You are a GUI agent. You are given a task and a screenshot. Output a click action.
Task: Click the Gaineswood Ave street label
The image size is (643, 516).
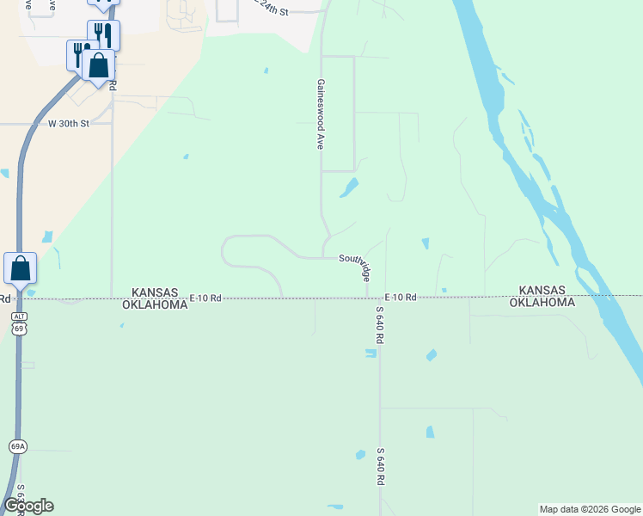point(319,115)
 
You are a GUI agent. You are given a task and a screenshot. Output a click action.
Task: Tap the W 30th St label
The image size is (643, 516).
point(69,124)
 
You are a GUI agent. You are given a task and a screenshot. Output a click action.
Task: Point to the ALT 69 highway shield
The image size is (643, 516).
point(19,323)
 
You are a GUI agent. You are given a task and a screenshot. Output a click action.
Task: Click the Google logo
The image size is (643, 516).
point(28,506)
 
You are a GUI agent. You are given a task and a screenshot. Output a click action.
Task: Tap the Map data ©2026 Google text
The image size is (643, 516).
point(589,509)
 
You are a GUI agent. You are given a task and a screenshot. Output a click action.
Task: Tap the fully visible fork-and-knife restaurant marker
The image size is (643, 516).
point(103,34)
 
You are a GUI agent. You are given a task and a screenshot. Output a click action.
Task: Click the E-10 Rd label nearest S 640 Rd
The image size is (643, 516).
point(401,298)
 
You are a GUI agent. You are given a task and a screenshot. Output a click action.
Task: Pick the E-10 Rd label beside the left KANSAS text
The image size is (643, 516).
point(206,298)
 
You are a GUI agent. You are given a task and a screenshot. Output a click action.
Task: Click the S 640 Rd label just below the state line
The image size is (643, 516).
point(379,326)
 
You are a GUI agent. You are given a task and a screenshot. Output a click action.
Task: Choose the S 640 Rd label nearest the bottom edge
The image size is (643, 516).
point(379,467)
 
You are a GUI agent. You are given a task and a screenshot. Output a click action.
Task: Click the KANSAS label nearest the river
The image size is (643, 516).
point(542,291)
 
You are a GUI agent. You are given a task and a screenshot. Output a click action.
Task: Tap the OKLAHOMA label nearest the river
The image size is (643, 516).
point(542,303)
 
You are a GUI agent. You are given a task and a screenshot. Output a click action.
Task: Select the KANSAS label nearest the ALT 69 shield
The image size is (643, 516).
point(155,292)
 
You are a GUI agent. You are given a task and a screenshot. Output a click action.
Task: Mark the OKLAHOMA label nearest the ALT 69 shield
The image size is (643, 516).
point(155,304)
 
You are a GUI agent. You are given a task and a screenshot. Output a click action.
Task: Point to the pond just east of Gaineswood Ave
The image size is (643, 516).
point(349,187)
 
